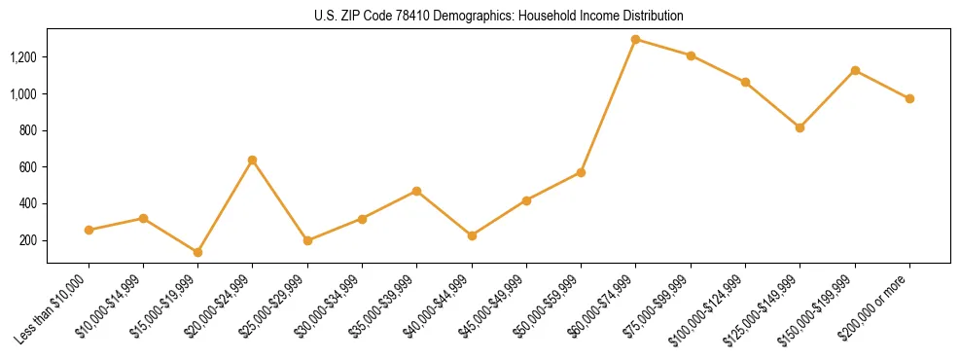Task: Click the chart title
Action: point(499,17)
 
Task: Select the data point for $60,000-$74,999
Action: point(635,40)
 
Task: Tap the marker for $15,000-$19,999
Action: point(198,252)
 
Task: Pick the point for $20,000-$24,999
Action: point(253,160)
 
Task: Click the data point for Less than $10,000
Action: point(89,230)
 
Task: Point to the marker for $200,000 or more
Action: point(909,98)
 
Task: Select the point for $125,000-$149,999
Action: point(800,127)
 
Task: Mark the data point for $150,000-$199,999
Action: point(855,70)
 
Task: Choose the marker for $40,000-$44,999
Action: point(472,235)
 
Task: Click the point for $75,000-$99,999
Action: point(691,55)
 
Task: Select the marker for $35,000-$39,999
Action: point(417,191)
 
